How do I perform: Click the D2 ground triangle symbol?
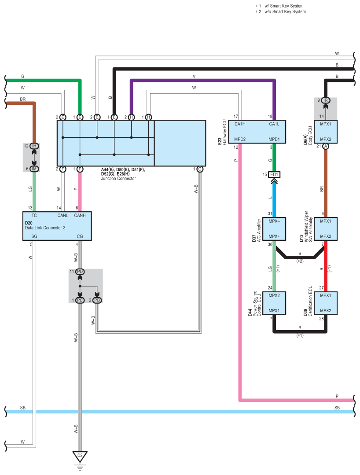80,457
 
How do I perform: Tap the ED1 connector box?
274,174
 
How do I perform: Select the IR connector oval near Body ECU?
326,100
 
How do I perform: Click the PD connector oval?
80,272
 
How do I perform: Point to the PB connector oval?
97,300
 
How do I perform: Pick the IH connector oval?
34,146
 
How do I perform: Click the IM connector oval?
34,169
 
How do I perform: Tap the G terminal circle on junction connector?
200,169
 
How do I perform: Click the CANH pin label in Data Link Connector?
80,215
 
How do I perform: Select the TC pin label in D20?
34,215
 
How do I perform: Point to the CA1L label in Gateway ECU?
274,124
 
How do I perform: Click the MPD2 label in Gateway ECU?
240,140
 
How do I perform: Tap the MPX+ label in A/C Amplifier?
274,236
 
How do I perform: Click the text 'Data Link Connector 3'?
45,228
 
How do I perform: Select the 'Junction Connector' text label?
118,179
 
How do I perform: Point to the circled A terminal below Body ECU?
326,146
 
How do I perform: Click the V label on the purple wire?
194,76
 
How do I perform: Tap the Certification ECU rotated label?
310,301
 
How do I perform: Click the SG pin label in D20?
34,236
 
